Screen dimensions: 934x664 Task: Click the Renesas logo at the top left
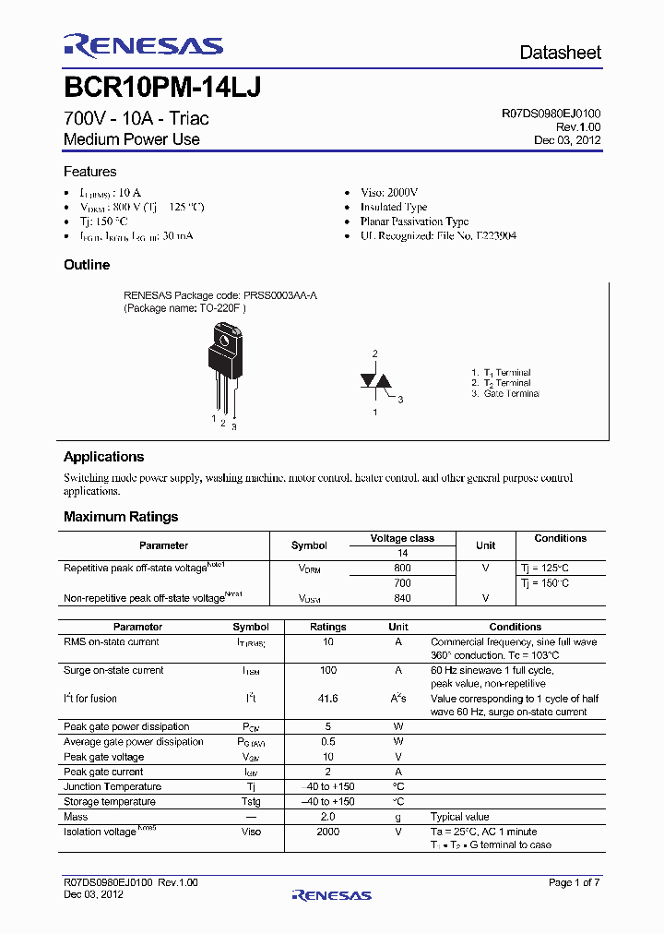coord(143,47)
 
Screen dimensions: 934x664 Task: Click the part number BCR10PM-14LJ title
coord(162,88)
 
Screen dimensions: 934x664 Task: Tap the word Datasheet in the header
coord(560,53)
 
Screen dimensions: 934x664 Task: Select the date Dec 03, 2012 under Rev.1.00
coord(567,140)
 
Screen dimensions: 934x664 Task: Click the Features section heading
coord(89,172)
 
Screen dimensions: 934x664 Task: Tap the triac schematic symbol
coord(374,382)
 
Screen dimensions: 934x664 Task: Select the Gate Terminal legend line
coord(505,394)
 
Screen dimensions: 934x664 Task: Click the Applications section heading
coord(103,457)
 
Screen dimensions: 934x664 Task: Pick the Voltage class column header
coord(402,538)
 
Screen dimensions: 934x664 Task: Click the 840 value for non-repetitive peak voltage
coord(402,598)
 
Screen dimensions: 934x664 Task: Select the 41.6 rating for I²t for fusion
coord(328,699)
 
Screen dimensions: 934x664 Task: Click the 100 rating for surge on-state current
coord(328,671)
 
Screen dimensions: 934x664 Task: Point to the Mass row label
coord(76,817)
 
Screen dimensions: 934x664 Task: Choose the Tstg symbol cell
coord(251,802)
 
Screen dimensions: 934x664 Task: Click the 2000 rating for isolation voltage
coord(328,832)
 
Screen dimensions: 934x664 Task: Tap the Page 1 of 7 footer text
coord(574,883)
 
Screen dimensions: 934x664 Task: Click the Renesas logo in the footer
coord(331,895)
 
